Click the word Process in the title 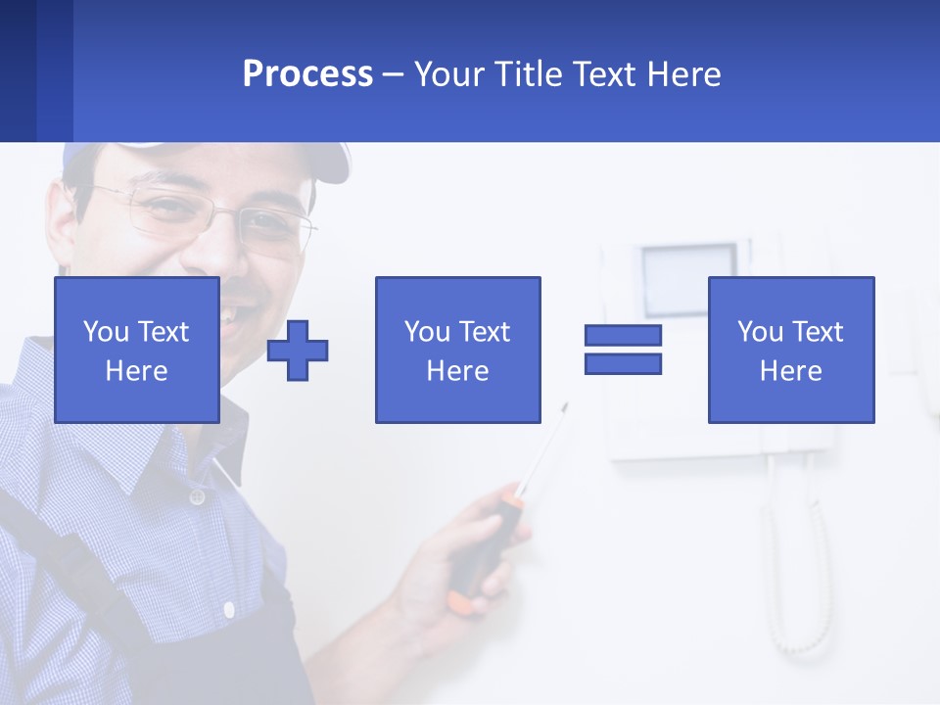point(307,74)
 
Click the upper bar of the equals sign point(623,336)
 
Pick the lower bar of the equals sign point(623,364)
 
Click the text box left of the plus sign point(137,351)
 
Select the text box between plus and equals point(457,351)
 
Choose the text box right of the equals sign point(790,351)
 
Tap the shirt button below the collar point(197,497)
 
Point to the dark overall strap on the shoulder point(59,548)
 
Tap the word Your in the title point(450,74)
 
